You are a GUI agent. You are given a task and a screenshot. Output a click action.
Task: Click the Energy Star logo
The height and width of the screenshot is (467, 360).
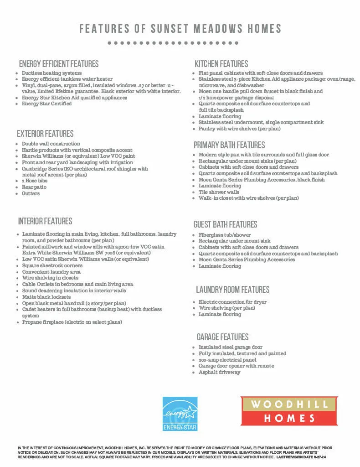click(180, 414)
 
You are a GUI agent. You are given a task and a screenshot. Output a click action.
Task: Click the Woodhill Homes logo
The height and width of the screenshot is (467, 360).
click(289, 411)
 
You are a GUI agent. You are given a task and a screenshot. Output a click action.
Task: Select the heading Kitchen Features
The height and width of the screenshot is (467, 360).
click(221, 64)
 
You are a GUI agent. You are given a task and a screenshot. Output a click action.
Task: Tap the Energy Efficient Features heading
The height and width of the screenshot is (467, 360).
click(59, 64)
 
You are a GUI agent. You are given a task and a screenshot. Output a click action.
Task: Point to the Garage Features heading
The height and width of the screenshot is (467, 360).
click(222, 337)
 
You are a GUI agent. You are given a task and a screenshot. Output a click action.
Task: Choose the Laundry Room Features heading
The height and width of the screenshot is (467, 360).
click(232, 290)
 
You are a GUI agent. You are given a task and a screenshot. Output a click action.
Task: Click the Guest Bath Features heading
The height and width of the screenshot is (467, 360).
click(225, 224)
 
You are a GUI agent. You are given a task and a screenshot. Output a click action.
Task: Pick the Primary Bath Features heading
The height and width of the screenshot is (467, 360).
click(229, 145)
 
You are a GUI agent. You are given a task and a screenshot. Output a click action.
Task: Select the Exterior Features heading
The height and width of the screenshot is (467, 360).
click(45, 134)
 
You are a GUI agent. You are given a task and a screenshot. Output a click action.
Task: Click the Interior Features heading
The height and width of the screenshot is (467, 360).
click(45, 221)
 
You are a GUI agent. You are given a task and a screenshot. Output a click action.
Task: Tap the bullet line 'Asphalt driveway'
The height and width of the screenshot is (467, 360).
click(219, 372)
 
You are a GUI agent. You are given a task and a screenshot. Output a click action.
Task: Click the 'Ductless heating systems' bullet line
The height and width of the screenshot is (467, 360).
click(51, 73)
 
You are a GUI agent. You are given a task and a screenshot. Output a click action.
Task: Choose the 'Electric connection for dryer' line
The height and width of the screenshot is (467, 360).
click(232, 302)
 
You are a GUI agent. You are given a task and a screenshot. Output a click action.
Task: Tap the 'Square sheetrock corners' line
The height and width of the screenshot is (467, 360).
click(52, 265)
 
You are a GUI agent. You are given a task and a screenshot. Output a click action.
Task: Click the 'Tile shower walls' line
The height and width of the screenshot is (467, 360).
click(219, 192)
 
